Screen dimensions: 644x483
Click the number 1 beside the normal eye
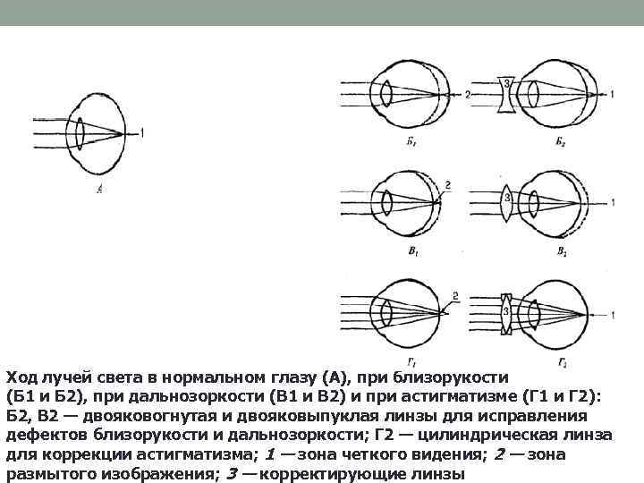pyautogui.click(x=142, y=135)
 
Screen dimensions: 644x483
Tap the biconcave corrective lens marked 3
pyautogui.click(x=508, y=94)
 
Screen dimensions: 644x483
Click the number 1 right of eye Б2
pyautogui.click(x=613, y=94)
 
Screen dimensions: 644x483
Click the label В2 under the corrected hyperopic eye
pyautogui.click(x=560, y=253)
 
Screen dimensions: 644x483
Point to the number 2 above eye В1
pyautogui.click(x=447, y=185)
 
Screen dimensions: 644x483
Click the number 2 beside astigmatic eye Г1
pyautogui.click(x=456, y=295)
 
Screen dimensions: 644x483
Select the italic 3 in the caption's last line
pyautogui.click(x=231, y=473)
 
